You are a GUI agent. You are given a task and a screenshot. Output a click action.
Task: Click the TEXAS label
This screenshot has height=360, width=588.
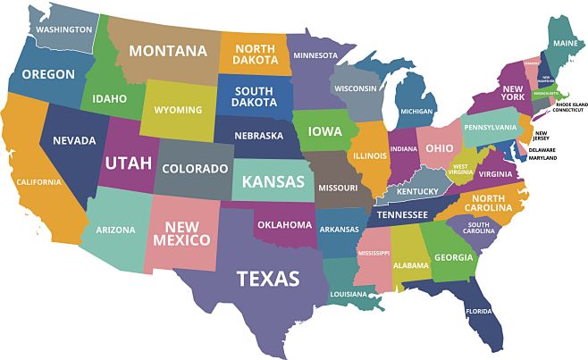coord(267,279)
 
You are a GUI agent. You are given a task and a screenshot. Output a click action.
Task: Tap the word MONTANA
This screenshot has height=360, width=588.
coord(167,50)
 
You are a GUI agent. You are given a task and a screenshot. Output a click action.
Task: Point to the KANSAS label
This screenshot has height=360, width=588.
coord(272,181)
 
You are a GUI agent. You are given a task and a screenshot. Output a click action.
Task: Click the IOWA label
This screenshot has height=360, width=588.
coord(324,131)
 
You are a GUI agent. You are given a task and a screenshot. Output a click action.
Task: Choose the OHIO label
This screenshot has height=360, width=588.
coord(439,147)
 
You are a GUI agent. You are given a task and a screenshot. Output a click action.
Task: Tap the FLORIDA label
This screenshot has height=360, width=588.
coord(479,312)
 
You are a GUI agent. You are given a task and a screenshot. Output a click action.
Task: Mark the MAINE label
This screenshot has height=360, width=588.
coord(564,43)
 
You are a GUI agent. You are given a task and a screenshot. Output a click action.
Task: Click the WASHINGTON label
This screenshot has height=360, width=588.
coord(64,29)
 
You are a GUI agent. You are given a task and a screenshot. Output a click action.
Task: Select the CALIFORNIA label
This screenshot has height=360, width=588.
coord(38,182)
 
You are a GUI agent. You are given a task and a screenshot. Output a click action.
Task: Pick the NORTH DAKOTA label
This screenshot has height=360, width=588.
coord(254,54)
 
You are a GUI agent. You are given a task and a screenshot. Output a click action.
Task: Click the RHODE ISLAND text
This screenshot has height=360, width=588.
coord(554,104)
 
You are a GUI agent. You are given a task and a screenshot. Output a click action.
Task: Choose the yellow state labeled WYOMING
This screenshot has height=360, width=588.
coord(178,110)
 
